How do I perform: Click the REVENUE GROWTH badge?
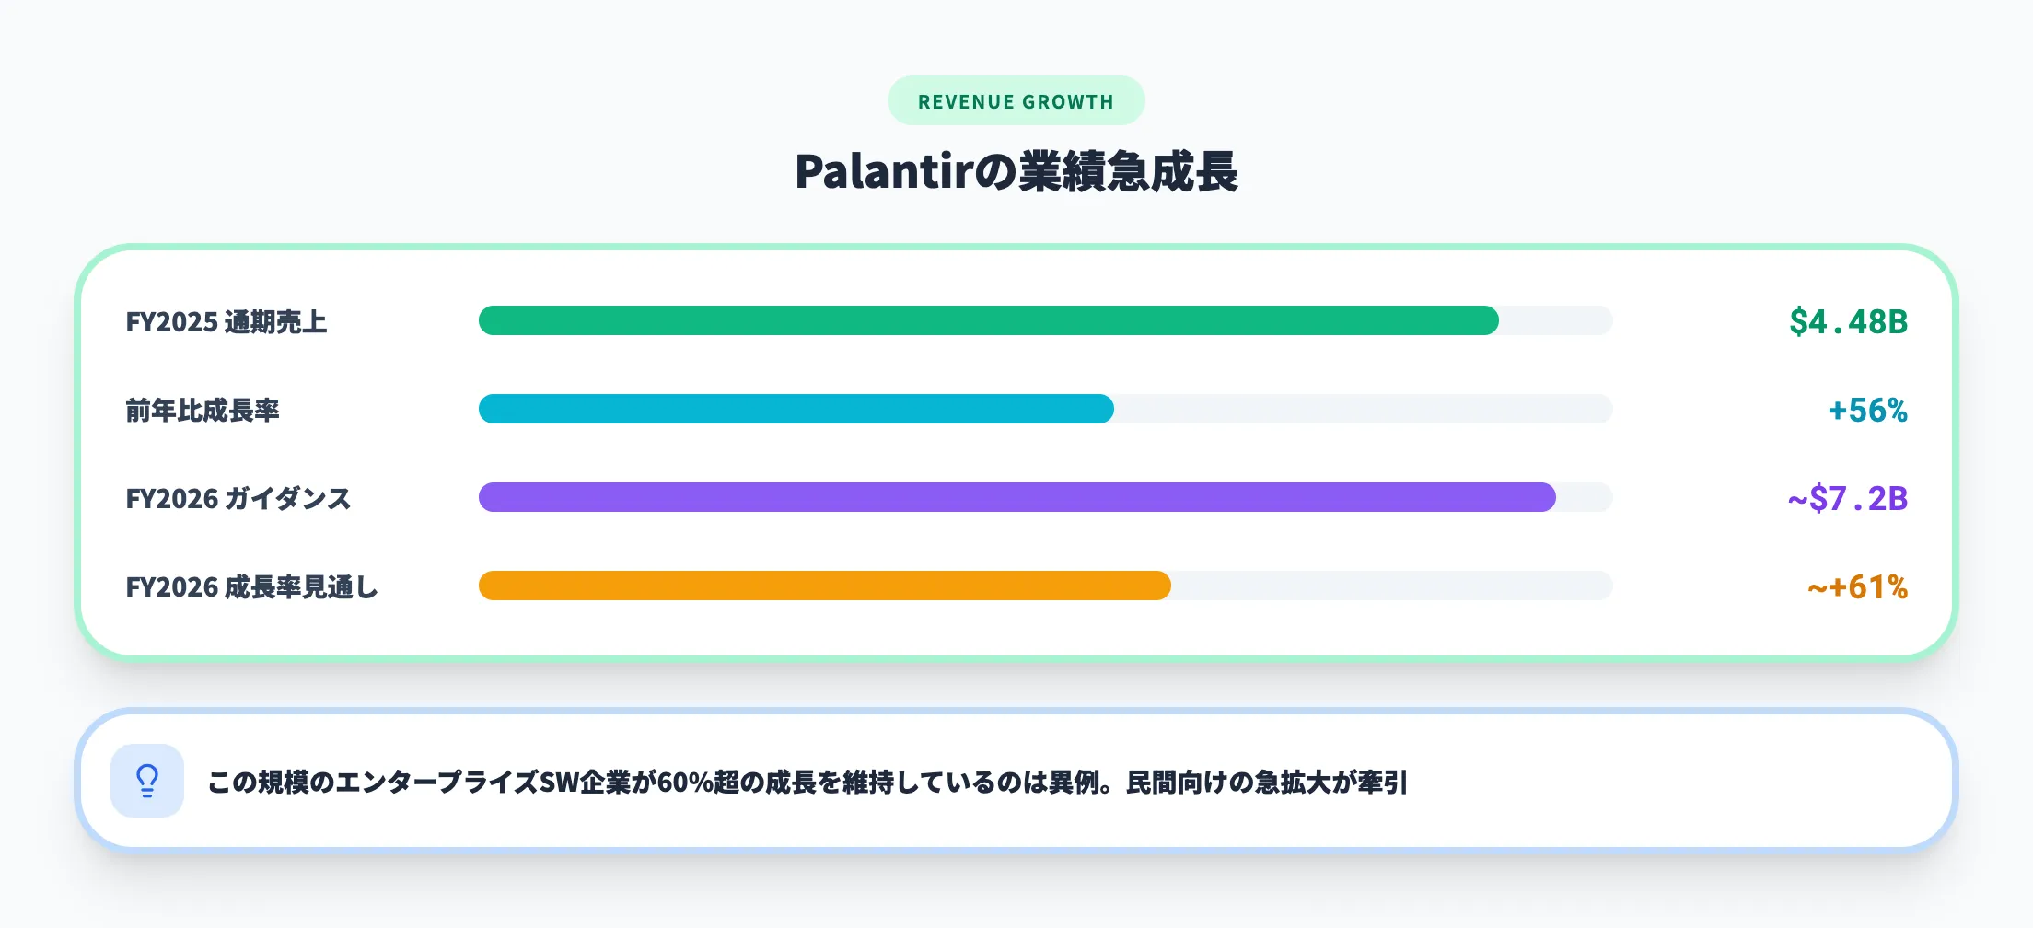tap(1016, 101)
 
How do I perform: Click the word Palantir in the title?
tap(883, 172)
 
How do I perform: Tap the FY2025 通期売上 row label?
tap(227, 322)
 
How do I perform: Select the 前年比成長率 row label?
tap(203, 411)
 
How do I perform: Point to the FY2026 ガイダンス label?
tap(238, 499)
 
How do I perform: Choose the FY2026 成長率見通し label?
tap(251, 587)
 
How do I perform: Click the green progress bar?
tap(988, 320)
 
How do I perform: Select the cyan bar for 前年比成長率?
tap(796, 409)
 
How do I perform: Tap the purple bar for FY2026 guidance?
tap(1016, 497)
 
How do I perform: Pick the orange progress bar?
tap(824, 586)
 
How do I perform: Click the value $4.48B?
tap(1848, 322)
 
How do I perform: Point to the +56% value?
tap(1867, 411)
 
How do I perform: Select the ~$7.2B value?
tap(1847, 499)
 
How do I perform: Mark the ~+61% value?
tap(1857, 587)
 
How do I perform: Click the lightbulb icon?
tap(147, 781)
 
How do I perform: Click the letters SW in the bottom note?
tap(559, 783)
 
